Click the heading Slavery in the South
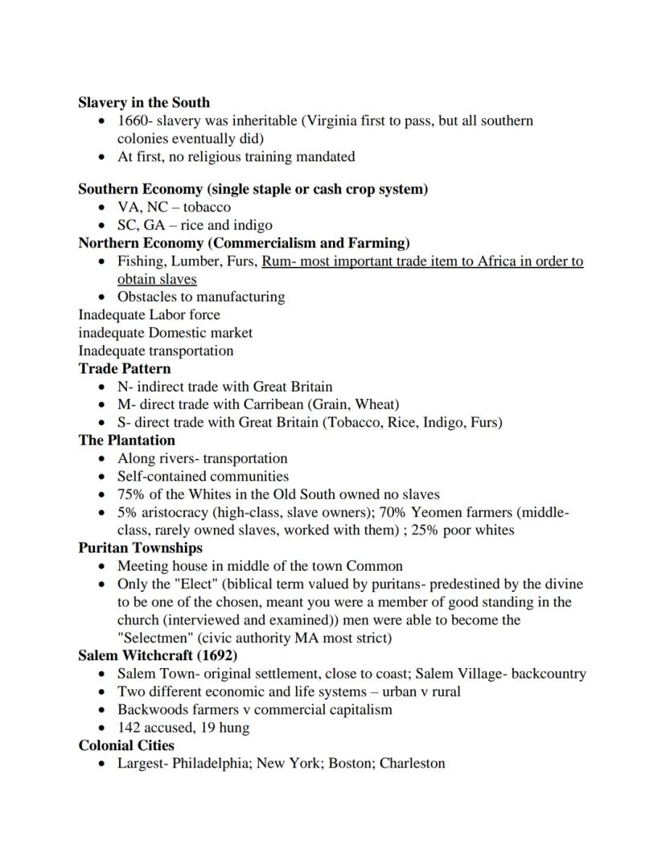point(143,103)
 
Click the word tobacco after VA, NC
point(208,207)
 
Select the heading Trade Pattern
point(124,369)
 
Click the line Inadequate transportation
point(155,351)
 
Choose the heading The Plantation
point(126,441)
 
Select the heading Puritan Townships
point(140,548)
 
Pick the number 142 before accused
point(129,728)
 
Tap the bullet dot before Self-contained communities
point(101,477)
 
